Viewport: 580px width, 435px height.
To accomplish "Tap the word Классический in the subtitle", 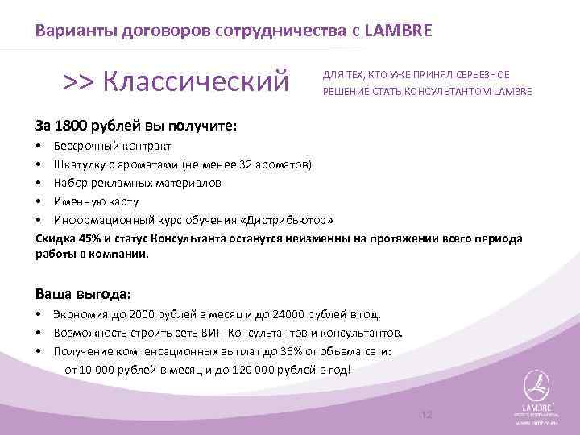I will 196,81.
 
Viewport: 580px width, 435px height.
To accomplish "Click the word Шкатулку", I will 80,164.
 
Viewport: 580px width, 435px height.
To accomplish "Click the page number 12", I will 427,414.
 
